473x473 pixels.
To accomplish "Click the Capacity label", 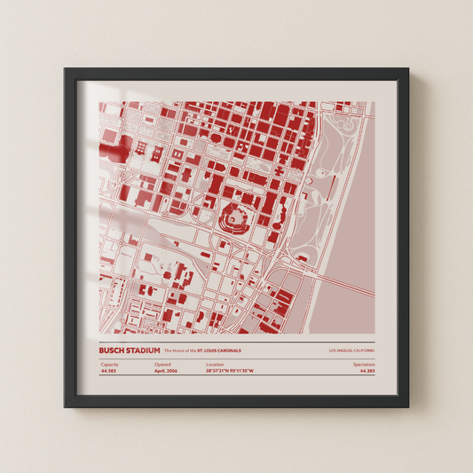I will click(x=109, y=364).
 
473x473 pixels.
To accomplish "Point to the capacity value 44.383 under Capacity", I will click(x=108, y=371).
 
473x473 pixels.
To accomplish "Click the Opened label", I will click(x=162, y=364).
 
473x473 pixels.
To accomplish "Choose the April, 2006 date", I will click(x=166, y=371).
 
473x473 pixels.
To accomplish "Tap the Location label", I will click(x=215, y=364).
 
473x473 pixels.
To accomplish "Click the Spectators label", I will click(x=364, y=364).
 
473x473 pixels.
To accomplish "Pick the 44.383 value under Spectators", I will click(x=367, y=371).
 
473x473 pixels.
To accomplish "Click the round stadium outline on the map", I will click(x=236, y=214).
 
